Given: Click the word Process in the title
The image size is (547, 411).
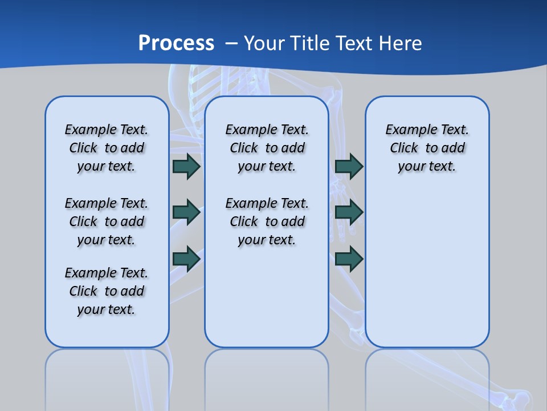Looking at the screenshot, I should (176, 43).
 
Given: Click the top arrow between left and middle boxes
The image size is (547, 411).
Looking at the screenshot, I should (186, 166).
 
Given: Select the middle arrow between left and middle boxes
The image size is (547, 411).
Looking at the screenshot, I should (186, 212).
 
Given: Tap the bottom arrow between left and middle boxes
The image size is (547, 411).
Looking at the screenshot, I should (186, 259).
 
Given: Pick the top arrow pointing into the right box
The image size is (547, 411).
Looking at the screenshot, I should (349, 166).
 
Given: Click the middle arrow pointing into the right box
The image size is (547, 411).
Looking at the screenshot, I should (349, 212).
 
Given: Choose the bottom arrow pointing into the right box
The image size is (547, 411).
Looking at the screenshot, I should (349, 259).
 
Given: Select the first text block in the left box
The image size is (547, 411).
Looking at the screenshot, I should (107, 148).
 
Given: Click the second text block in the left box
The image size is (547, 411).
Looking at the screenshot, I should (107, 221).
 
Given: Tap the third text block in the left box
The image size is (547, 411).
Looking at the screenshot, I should (107, 291).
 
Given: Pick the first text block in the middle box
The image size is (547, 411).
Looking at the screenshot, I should (267, 148).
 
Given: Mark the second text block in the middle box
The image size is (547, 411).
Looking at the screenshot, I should (267, 221).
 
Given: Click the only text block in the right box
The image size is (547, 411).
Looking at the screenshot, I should (427, 148).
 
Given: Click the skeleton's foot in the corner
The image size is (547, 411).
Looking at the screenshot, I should (516, 398).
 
